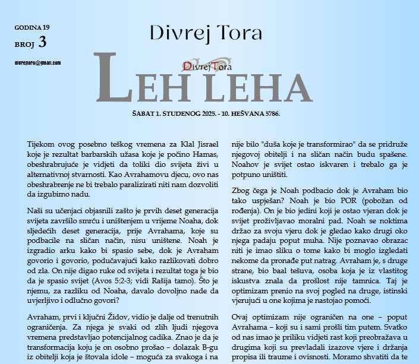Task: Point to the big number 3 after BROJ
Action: (x=42, y=42)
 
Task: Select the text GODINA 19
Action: (x=33, y=27)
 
